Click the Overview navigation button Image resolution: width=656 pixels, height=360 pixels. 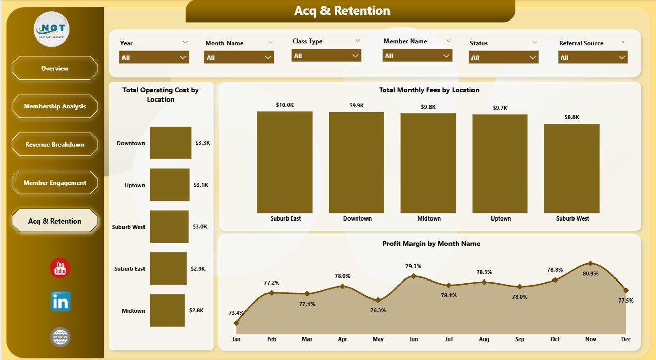55,68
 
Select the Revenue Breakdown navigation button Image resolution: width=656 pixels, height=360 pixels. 55,145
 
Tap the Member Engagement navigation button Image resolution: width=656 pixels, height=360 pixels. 55,183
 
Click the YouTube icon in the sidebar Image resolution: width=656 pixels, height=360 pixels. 60,268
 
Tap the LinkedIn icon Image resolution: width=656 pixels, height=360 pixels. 60,302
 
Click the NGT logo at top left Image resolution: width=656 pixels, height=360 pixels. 52,29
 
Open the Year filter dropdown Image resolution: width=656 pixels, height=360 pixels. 154,57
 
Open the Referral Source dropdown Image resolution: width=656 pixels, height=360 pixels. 592,57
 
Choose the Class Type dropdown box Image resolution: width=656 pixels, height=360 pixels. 326,55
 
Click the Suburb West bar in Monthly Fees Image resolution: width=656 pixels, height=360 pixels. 571,168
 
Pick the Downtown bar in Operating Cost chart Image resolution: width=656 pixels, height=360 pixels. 170,143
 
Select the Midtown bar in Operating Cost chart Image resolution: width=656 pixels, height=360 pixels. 167,310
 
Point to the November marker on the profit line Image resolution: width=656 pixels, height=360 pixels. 590,263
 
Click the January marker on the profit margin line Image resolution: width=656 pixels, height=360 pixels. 236,323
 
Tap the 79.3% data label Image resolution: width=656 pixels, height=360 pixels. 413,266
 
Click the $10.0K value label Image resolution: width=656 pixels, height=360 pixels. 284,105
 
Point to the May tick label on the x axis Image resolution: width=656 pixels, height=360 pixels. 378,339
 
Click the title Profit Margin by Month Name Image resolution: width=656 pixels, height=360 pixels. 431,244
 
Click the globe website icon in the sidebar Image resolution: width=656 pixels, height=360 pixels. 60,337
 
